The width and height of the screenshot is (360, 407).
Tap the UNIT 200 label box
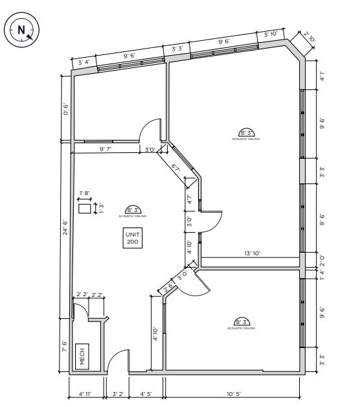pos(133,237)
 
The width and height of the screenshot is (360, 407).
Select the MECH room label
pos(82,356)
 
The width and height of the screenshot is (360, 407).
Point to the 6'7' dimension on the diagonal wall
pos(175,167)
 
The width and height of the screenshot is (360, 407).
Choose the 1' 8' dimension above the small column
pos(85,193)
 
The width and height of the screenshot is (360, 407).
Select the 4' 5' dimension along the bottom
pos(146,393)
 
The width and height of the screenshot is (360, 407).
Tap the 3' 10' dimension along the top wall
pos(270,34)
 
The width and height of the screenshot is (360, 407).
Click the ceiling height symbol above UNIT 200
pos(133,210)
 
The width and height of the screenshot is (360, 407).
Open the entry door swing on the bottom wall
pos(118,362)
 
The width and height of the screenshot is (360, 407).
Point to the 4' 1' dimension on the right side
pos(322,75)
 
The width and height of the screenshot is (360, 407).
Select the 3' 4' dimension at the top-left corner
pos(84,62)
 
